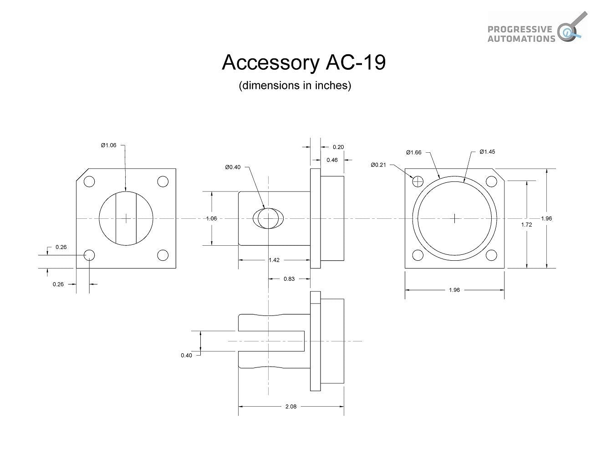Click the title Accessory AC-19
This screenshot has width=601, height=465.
coord(304,63)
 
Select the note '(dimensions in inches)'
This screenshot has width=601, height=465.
coord(295,86)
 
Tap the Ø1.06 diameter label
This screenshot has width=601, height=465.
coord(108,145)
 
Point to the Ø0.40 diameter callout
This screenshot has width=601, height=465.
coord(233,167)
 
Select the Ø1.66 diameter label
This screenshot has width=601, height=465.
coord(414,152)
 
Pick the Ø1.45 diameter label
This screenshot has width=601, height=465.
coord(487,152)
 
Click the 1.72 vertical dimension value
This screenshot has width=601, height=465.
coord(526,225)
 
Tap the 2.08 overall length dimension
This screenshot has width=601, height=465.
coord(290,407)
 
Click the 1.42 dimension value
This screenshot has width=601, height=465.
coord(274,260)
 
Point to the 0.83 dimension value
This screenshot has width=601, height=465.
coord(289,279)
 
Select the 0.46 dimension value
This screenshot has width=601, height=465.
coord(332,160)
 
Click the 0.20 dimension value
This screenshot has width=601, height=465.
coord(338,147)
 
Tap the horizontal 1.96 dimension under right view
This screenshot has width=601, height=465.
coord(454,290)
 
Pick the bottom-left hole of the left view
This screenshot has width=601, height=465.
coord(89,255)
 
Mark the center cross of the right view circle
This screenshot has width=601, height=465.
coord(455,218)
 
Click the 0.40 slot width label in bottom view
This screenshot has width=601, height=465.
coord(186,355)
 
